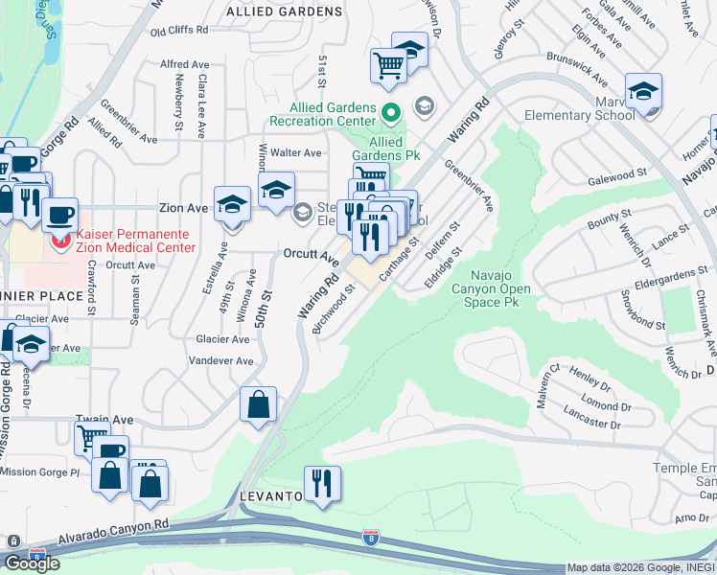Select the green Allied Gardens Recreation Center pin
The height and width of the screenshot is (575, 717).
coord(391,113)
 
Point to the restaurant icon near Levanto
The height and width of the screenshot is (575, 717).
coord(321,483)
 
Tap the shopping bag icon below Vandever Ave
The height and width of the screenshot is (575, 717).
coord(259,405)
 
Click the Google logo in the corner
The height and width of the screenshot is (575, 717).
coord(32,563)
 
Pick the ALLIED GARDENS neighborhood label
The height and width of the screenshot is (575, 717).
coord(284,11)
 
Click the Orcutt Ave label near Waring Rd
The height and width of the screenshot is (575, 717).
coord(311,255)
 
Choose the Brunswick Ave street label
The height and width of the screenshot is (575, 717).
coord(577,67)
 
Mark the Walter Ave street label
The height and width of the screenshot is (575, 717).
coord(295,152)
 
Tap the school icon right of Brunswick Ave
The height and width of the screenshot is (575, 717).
coord(643,92)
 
